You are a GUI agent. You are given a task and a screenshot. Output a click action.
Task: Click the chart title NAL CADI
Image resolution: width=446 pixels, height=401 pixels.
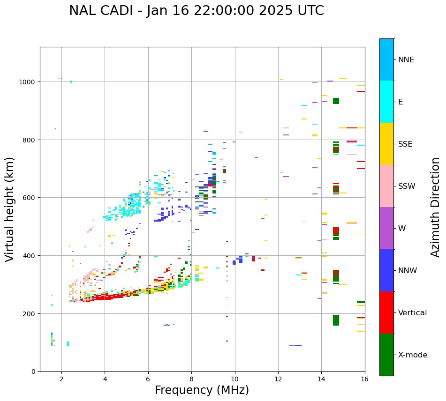[196, 11]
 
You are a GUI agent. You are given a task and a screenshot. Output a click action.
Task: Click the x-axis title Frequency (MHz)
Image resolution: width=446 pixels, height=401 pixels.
[202, 390]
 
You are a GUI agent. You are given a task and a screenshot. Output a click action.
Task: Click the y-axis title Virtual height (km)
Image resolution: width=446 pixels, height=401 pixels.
[10, 209]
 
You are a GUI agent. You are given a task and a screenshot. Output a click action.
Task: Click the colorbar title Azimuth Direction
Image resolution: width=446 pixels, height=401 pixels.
[436, 207]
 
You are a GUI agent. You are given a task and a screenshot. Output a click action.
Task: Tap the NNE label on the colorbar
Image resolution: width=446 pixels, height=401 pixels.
[406, 59]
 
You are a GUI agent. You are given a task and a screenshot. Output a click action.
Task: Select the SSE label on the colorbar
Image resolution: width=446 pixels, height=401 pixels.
[405, 144]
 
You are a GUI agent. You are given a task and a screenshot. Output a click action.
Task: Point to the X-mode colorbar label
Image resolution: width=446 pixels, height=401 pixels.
[413, 355]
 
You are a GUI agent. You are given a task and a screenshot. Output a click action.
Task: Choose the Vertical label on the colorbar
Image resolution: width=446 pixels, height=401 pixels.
[413, 312]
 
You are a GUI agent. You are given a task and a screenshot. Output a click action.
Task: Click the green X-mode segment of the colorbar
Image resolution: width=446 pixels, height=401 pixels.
[386, 355]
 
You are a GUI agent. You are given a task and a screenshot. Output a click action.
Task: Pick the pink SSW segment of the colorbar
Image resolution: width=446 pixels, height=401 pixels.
[386, 186]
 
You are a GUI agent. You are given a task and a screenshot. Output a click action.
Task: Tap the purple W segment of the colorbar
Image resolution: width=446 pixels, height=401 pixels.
[386, 228]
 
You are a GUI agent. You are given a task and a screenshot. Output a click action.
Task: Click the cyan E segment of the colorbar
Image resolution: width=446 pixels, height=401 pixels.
[386, 102]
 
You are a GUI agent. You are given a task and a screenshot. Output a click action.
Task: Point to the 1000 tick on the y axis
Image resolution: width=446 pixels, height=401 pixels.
[28, 82]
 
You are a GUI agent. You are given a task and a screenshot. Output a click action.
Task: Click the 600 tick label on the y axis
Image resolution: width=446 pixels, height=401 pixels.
[30, 198]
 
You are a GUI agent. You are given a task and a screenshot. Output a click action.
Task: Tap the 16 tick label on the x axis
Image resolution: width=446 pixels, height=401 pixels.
[364, 379]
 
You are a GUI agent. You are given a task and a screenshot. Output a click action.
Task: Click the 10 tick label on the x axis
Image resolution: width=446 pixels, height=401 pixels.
[234, 379]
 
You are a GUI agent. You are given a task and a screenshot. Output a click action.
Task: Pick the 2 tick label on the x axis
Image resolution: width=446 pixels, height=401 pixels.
[61, 379]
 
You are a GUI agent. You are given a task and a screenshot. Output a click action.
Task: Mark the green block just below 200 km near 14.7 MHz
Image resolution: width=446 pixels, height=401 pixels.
[336, 320]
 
